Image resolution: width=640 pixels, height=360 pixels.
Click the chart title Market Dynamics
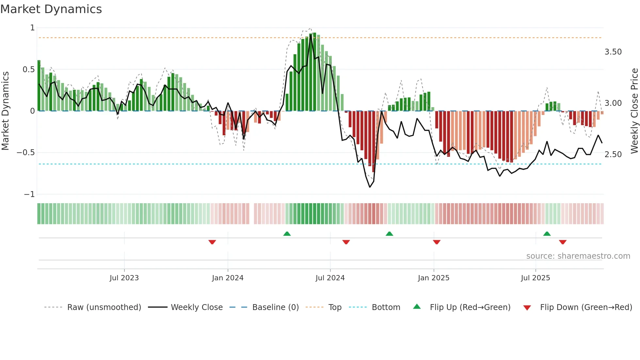pos(51,9)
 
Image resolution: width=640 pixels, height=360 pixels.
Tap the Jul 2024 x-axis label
pos(330,278)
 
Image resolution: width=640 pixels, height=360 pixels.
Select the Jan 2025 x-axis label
pos(433,278)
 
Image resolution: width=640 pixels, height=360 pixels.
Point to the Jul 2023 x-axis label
pos(124,278)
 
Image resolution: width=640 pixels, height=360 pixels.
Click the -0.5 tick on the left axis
pos(25,153)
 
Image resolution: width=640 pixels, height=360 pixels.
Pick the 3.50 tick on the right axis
pos(613,52)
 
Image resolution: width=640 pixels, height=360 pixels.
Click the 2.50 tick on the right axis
pos(613,155)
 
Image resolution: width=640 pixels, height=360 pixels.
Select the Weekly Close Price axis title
pos(634,111)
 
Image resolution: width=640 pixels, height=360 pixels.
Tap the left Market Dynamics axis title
pos(5,111)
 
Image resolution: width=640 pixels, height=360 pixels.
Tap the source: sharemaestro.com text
pos(578,256)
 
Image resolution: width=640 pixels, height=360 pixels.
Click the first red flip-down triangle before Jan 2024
pos(212,242)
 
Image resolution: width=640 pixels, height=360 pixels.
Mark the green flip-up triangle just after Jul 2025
pos(547,234)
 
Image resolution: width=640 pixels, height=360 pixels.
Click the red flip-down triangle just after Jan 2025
pos(437,242)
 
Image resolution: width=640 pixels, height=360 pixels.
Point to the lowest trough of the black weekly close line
pos(370,187)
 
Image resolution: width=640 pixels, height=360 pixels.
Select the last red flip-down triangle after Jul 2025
pos(563,242)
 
